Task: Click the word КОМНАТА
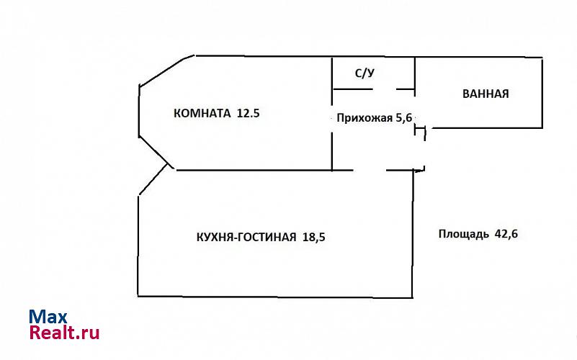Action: click(202, 113)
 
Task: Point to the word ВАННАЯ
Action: click(486, 94)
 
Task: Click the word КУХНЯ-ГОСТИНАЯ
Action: click(246, 237)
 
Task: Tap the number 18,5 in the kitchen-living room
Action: click(313, 237)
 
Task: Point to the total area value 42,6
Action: click(508, 233)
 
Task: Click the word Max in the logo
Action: click(48, 317)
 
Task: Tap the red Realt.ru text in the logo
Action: click(64, 333)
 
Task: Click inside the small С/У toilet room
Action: click(372, 74)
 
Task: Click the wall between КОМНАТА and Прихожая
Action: click(331, 144)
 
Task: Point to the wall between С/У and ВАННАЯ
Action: click(416, 73)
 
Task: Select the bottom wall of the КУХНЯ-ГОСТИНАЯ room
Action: click(274, 296)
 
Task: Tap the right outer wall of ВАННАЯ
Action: click(542, 93)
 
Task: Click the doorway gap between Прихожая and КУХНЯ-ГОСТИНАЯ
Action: click(370, 171)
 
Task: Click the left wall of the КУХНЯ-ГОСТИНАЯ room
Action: click(138, 245)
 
